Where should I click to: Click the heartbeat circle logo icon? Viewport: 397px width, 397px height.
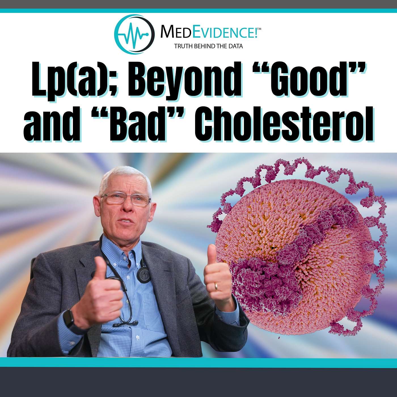[134, 34]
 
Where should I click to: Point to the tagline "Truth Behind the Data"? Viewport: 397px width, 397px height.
[208, 46]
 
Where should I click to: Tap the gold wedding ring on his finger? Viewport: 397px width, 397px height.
[216, 286]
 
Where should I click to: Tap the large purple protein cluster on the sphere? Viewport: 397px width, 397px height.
[266, 282]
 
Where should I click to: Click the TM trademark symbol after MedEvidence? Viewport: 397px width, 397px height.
[259, 29]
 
